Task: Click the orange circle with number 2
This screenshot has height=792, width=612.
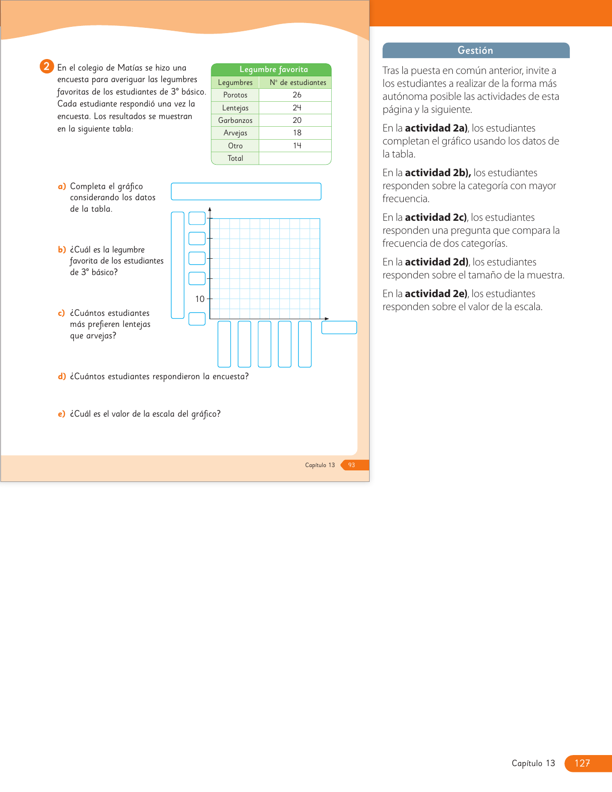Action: coord(46,66)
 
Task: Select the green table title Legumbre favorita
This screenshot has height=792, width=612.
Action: coord(273,70)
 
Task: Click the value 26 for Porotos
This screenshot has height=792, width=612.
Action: coord(297,95)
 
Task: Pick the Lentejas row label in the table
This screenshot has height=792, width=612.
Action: coord(235,108)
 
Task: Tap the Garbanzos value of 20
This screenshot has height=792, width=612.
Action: coord(297,120)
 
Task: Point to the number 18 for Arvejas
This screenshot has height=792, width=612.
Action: coord(297,133)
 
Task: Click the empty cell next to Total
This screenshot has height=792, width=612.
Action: coord(295,158)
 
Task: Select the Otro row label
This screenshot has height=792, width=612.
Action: coord(235,146)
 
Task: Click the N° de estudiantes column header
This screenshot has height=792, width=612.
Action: coord(298,83)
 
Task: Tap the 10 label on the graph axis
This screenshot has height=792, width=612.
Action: coord(200,299)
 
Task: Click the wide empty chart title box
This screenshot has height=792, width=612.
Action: coord(246,192)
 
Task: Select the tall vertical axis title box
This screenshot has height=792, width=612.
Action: coord(177,265)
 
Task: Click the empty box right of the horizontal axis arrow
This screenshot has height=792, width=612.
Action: coord(339,327)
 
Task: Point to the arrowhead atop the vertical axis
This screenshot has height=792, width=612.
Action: coord(210,209)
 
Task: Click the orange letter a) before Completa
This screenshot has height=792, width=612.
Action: coord(61,186)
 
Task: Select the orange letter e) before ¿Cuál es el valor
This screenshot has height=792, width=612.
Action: coord(61,414)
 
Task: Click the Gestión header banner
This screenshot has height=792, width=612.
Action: coord(475,50)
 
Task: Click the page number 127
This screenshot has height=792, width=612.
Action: coord(582,763)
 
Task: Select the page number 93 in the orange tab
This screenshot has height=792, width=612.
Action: coord(351,465)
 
